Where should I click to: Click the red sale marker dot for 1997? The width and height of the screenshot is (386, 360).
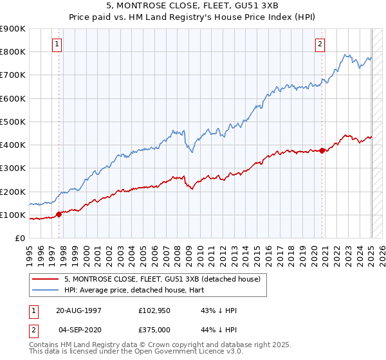click(59, 214)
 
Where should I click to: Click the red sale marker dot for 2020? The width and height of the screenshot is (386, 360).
click(322, 150)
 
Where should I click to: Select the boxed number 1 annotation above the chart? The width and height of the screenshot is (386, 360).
click(57, 44)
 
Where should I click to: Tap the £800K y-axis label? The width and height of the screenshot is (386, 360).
click(13, 51)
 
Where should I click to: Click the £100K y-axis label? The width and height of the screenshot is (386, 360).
click(13, 215)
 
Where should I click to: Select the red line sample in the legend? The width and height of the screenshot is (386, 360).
click(46, 280)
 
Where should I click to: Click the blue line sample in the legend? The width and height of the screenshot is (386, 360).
click(46, 290)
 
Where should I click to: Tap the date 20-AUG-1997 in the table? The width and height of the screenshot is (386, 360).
click(78, 310)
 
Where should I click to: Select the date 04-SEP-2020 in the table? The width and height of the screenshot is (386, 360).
click(79, 330)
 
